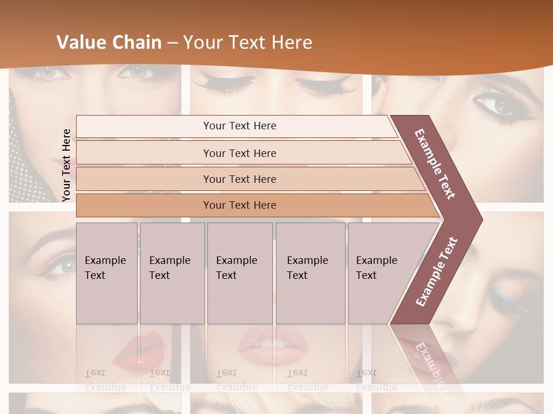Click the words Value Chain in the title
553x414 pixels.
pyautogui.click(x=109, y=43)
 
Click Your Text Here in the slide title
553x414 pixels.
pyautogui.click(x=248, y=43)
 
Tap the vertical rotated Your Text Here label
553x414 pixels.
pyautogui.click(x=66, y=165)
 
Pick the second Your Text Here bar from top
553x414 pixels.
pyautogui.click(x=240, y=153)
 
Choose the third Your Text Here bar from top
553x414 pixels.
pyautogui.click(x=240, y=179)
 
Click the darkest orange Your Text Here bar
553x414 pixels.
pyautogui.click(x=240, y=205)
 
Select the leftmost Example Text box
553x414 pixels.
pyautogui.click(x=107, y=273)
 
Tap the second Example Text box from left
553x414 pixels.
pyautogui.click(x=172, y=273)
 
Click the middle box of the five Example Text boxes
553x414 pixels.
pyautogui.click(x=240, y=273)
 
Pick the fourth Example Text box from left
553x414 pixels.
pyautogui.click(x=310, y=273)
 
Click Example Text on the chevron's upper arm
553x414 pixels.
pyautogui.click(x=435, y=164)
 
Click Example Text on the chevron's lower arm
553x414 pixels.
pyautogui.click(x=436, y=271)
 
